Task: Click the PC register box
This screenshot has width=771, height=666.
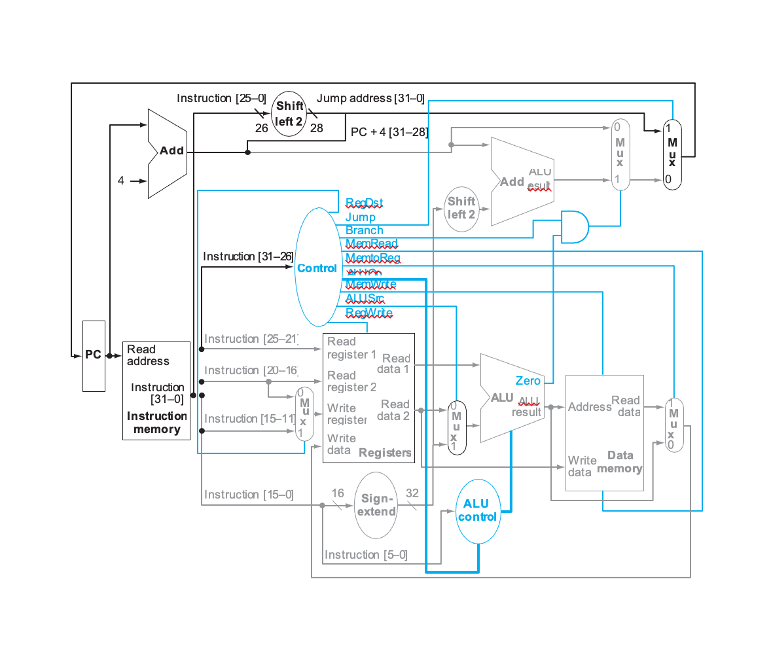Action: pyautogui.click(x=94, y=355)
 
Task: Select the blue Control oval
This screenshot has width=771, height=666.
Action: pyautogui.click(x=318, y=268)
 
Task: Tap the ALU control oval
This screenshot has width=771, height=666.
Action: pyautogui.click(x=477, y=510)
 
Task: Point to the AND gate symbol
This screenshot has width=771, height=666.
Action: pyautogui.click(x=574, y=227)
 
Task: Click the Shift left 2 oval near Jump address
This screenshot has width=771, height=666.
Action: pyautogui.click(x=289, y=114)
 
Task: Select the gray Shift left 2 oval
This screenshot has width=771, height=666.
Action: pyautogui.click(x=461, y=208)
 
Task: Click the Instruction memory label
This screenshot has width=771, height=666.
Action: pyautogui.click(x=156, y=423)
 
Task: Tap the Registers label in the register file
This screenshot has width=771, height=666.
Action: pyautogui.click(x=385, y=453)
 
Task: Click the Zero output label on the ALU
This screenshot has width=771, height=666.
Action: pyautogui.click(x=528, y=381)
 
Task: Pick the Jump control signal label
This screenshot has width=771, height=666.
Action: pyautogui.click(x=360, y=217)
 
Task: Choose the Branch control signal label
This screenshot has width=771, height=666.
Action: pyautogui.click(x=364, y=230)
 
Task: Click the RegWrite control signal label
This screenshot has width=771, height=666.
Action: pyautogui.click(x=368, y=313)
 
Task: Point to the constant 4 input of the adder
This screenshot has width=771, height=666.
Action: pyautogui.click(x=121, y=181)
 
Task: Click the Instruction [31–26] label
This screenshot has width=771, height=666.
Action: pyautogui.click(x=247, y=256)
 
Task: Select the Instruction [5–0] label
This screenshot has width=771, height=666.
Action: pyautogui.click(x=366, y=555)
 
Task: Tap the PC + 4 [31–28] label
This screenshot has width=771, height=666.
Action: pyautogui.click(x=389, y=132)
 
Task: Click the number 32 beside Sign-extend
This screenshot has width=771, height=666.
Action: pyautogui.click(x=412, y=493)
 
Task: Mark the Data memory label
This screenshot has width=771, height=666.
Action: pyautogui.click(x=619, y=462)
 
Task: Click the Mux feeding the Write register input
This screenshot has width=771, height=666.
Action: pyautogui.click(x=304, y=413)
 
